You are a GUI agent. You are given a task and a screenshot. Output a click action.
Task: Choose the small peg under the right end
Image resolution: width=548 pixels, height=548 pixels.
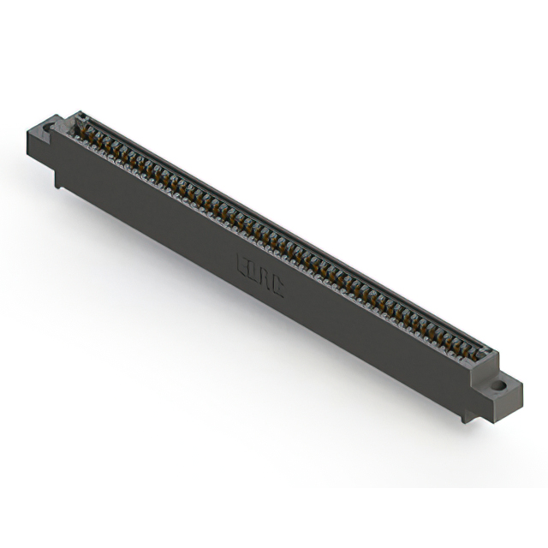tap(466, 416)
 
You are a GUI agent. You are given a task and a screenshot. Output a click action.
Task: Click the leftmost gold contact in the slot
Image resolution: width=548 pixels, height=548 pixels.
tap(84, 128)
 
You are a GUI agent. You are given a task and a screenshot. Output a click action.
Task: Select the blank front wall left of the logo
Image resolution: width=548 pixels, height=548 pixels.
tap(154, 214)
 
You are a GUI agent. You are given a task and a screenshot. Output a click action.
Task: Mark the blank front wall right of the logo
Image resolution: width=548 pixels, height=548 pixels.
tap(377, 342)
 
